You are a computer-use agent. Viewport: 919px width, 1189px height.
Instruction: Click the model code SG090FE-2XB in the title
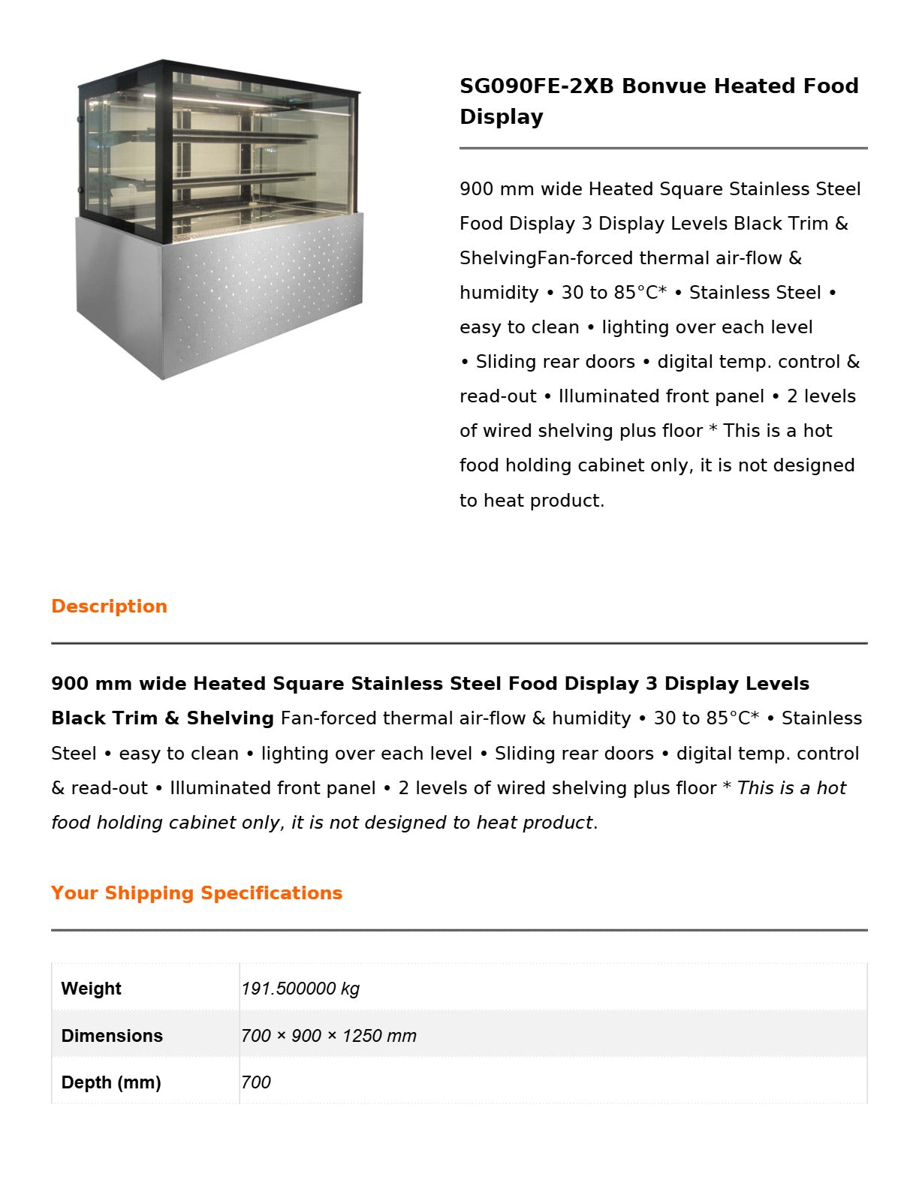536,86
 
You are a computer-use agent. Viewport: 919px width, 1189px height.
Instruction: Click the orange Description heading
109,607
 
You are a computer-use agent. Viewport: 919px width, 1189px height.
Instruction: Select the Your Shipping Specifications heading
197,893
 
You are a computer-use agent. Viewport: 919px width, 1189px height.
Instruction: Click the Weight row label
91,989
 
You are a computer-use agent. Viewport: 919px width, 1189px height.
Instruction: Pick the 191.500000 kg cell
300,989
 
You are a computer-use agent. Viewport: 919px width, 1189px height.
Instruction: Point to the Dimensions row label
112,1036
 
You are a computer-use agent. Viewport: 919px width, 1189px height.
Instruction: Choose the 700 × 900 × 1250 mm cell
329,1036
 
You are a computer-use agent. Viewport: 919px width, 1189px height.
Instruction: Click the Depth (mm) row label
111,1082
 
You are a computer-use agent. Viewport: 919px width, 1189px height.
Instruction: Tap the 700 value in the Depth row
256,1082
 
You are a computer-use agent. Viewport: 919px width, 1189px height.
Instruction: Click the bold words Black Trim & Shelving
162,718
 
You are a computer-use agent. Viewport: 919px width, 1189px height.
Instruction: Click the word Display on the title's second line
502,117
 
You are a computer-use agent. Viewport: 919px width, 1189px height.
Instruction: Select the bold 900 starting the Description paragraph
69,684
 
